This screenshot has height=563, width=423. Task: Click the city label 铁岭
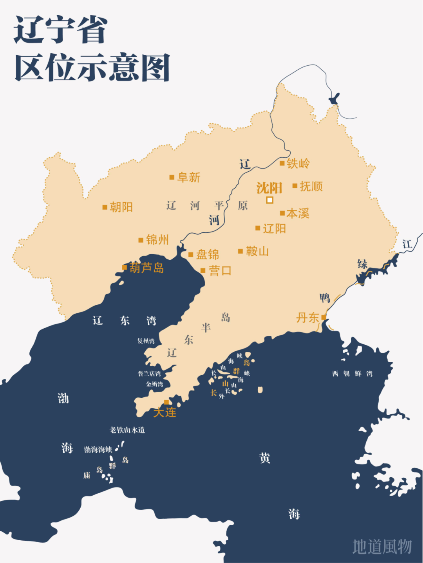[298, 164]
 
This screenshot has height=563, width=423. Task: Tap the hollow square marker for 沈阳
[269, 200]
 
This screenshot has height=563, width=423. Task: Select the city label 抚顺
[311, 186]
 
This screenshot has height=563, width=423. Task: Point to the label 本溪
[298, 213]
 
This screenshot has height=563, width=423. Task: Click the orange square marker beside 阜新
[172, 177]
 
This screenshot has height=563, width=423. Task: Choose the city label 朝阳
[121, 207]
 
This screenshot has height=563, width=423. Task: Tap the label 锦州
[157, 240]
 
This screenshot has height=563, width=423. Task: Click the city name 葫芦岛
[146, 268]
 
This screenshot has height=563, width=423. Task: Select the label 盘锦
[207, 255]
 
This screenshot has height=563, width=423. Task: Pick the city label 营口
[220, 271]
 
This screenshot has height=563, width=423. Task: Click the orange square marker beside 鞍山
[240, 251]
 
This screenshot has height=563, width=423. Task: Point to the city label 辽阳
[274, 228]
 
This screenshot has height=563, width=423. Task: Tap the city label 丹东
[307, 318]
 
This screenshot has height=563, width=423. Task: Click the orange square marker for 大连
[166, 402]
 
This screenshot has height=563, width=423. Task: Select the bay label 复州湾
[146, 341]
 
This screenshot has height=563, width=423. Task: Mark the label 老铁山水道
[127, 430]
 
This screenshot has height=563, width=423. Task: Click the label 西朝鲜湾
[352, 374]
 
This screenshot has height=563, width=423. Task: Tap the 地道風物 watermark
[382, 547]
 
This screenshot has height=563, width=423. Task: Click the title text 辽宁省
[61, 30]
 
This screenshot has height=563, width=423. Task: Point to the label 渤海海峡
[98, 450]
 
